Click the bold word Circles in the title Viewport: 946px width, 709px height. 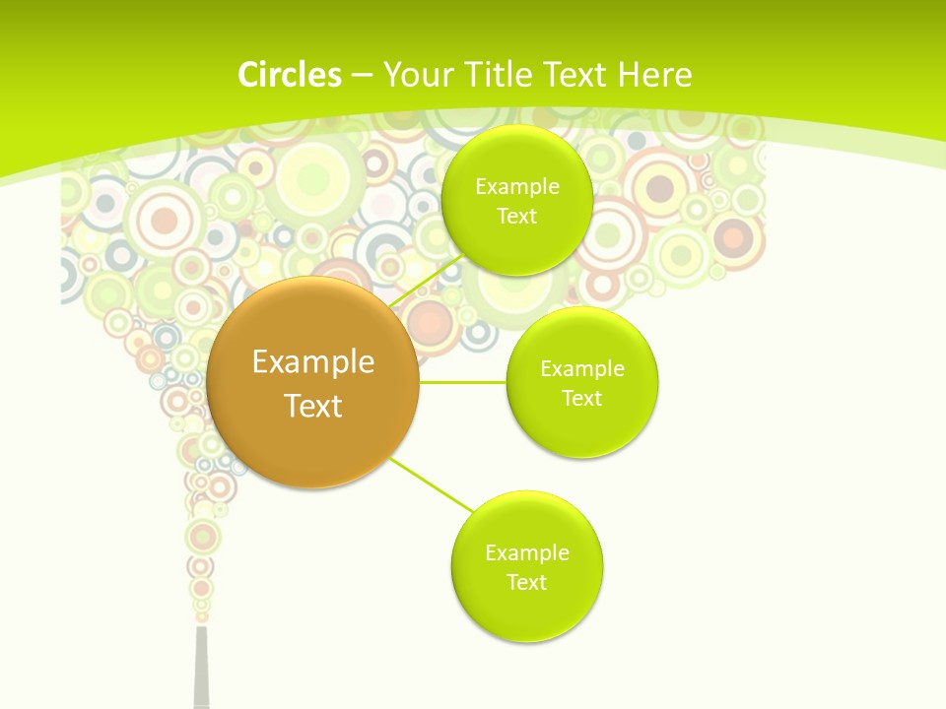click(x=289, y=75)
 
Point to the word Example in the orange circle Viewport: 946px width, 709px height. click(x=313, y=362)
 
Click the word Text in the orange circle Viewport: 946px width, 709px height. click(x=313, y=406)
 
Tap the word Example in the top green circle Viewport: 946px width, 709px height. click(x=517, y=186)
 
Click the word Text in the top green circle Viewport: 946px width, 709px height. click(x=517, y=216)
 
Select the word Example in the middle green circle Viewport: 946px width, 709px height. click(x=582, y=368)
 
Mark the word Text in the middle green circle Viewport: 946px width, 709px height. click(x=582, y=398)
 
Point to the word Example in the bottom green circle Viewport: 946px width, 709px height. click(x=527, y=552)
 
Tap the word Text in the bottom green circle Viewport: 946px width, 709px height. click(x=527, y=582)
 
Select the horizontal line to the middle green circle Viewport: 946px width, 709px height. click(x=463, y=381)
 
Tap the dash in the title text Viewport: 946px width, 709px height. click(x=362, y=76)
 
